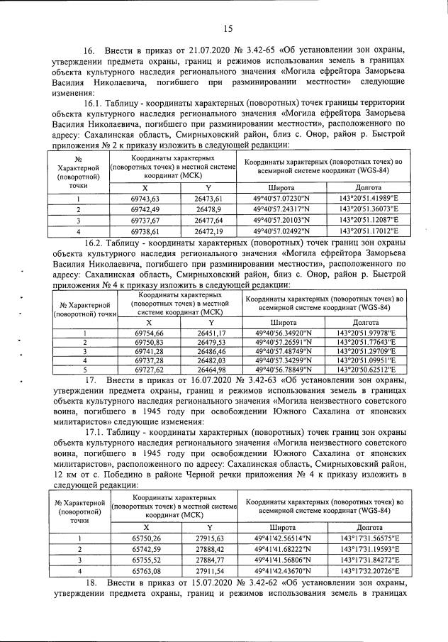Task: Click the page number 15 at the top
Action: (x=228, y=28)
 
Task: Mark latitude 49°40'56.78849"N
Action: (x=282, y=370)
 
